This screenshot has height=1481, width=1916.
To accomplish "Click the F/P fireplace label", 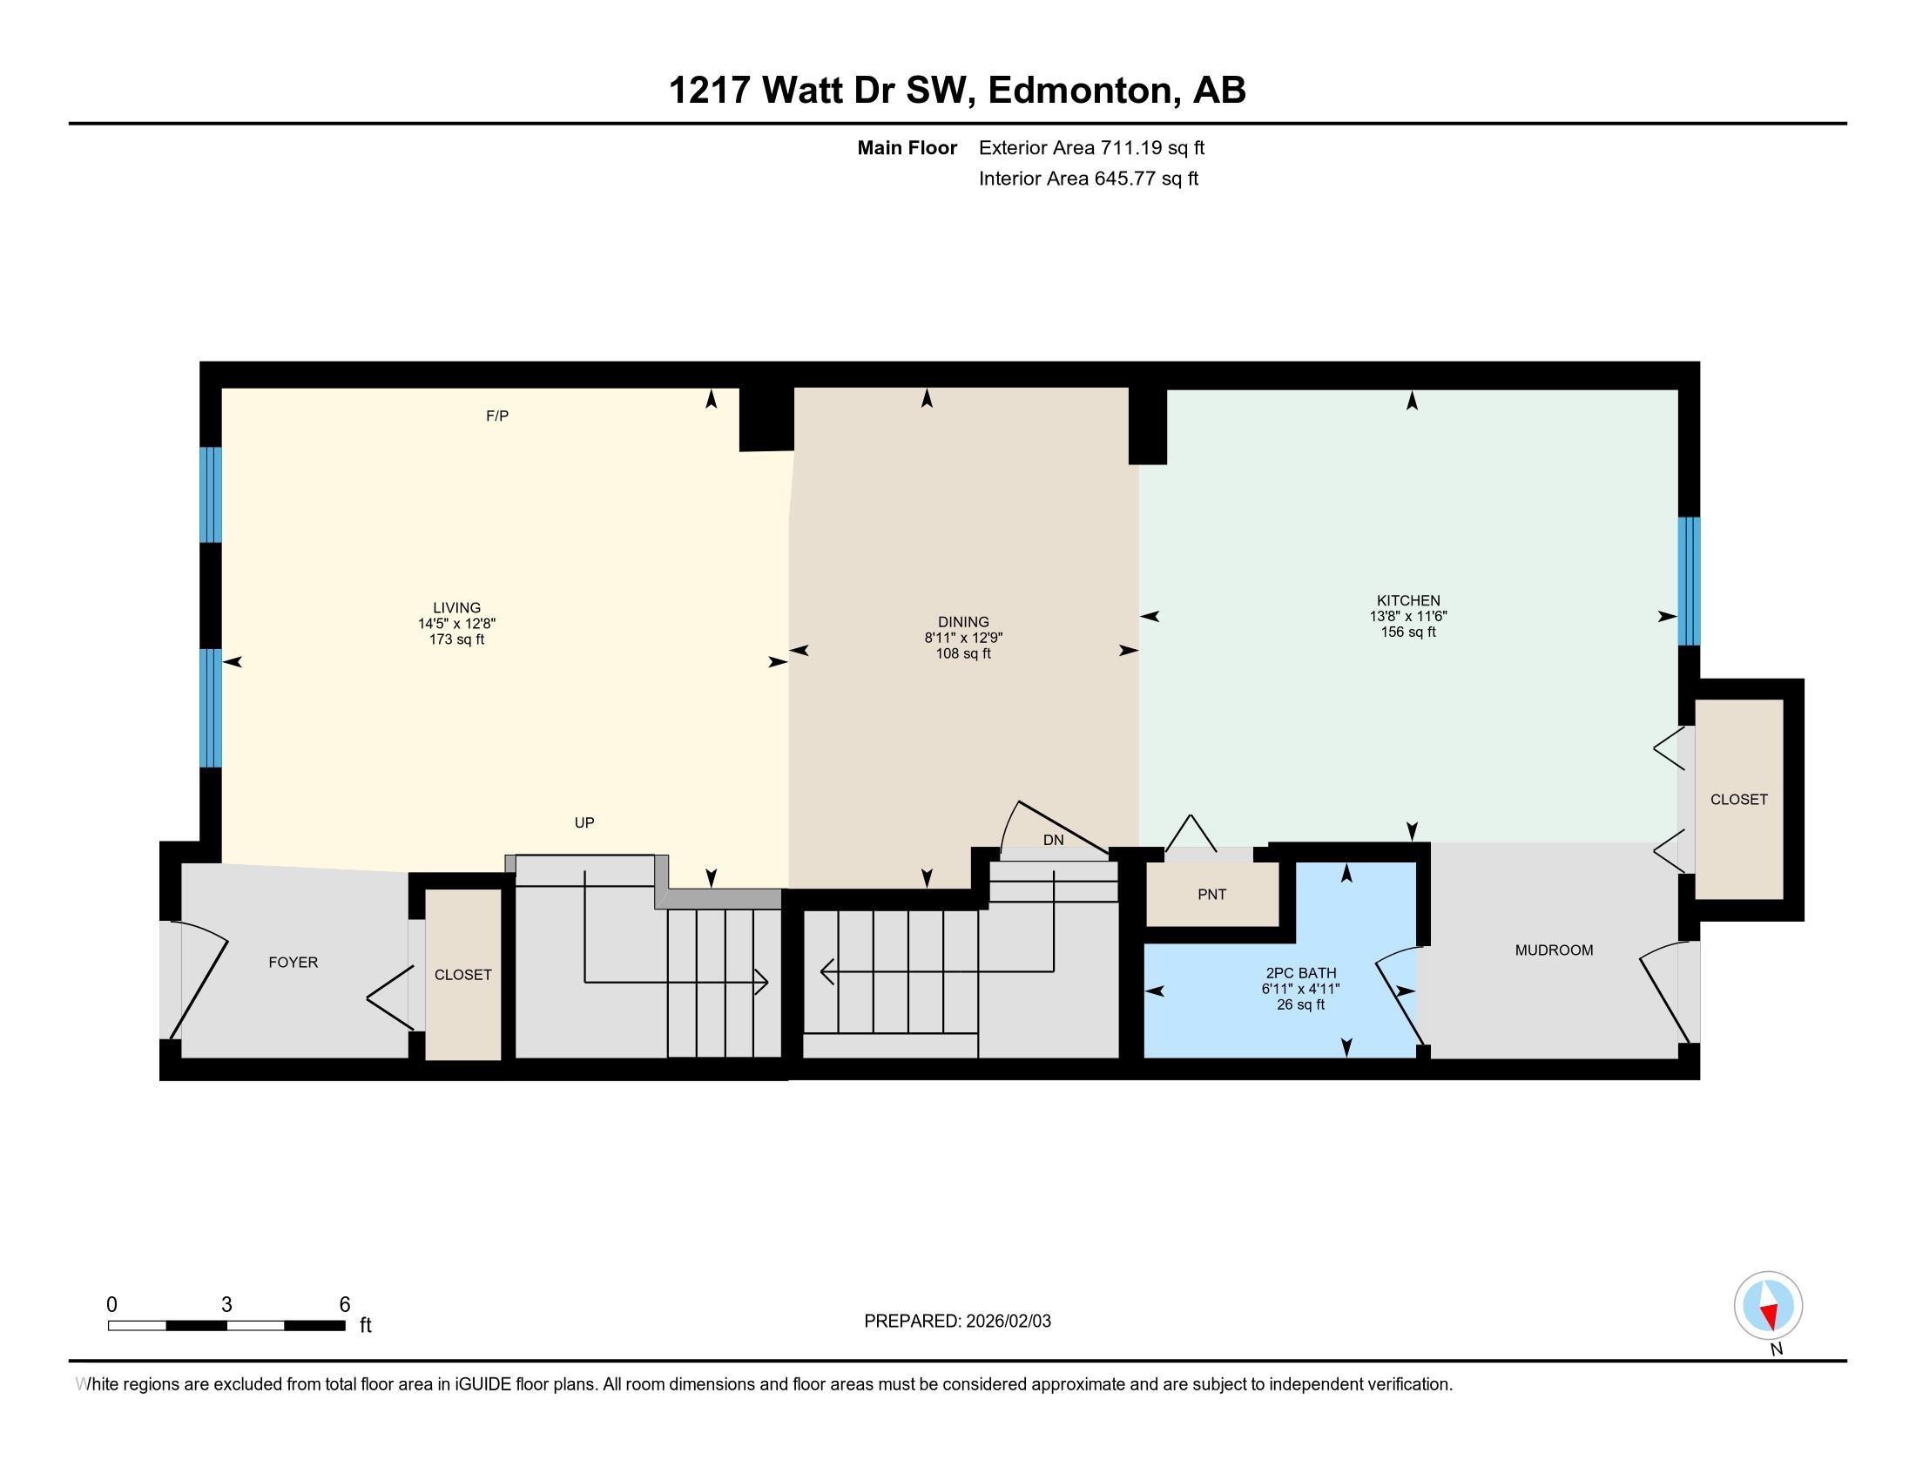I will tap(496, 416).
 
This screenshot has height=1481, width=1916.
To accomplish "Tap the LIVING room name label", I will tap(456, 607).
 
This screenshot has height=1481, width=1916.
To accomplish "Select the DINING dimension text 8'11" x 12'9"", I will tap(962, 638).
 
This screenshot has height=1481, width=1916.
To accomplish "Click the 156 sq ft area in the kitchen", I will tap(1407, 632).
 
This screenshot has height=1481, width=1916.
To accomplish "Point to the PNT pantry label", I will tap(1211, 894).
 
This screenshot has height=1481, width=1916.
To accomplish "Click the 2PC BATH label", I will tap(1300, 972).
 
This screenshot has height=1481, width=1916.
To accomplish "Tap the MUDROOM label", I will tap(1554, 950).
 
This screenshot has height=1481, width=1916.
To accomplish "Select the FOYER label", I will tap(293, 962).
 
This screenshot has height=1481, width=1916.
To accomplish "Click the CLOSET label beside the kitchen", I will tap(1738, 799).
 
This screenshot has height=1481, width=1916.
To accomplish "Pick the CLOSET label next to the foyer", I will tap(462, 975).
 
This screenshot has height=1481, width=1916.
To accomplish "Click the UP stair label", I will tap(584, 822).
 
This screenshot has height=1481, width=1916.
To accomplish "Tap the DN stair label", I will tap(1053, 840).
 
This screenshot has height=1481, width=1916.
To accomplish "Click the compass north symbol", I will tap(1768, 1307).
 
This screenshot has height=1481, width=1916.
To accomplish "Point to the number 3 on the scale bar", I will tap(226, 1305).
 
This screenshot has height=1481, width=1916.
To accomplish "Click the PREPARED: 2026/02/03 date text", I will tap(957, 1321).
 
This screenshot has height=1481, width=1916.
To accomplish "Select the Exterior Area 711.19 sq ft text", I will tap(1091, 147).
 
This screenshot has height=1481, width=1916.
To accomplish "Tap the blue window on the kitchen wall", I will tap(1689, 581).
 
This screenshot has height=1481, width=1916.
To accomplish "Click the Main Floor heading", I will tap(907, 147).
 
